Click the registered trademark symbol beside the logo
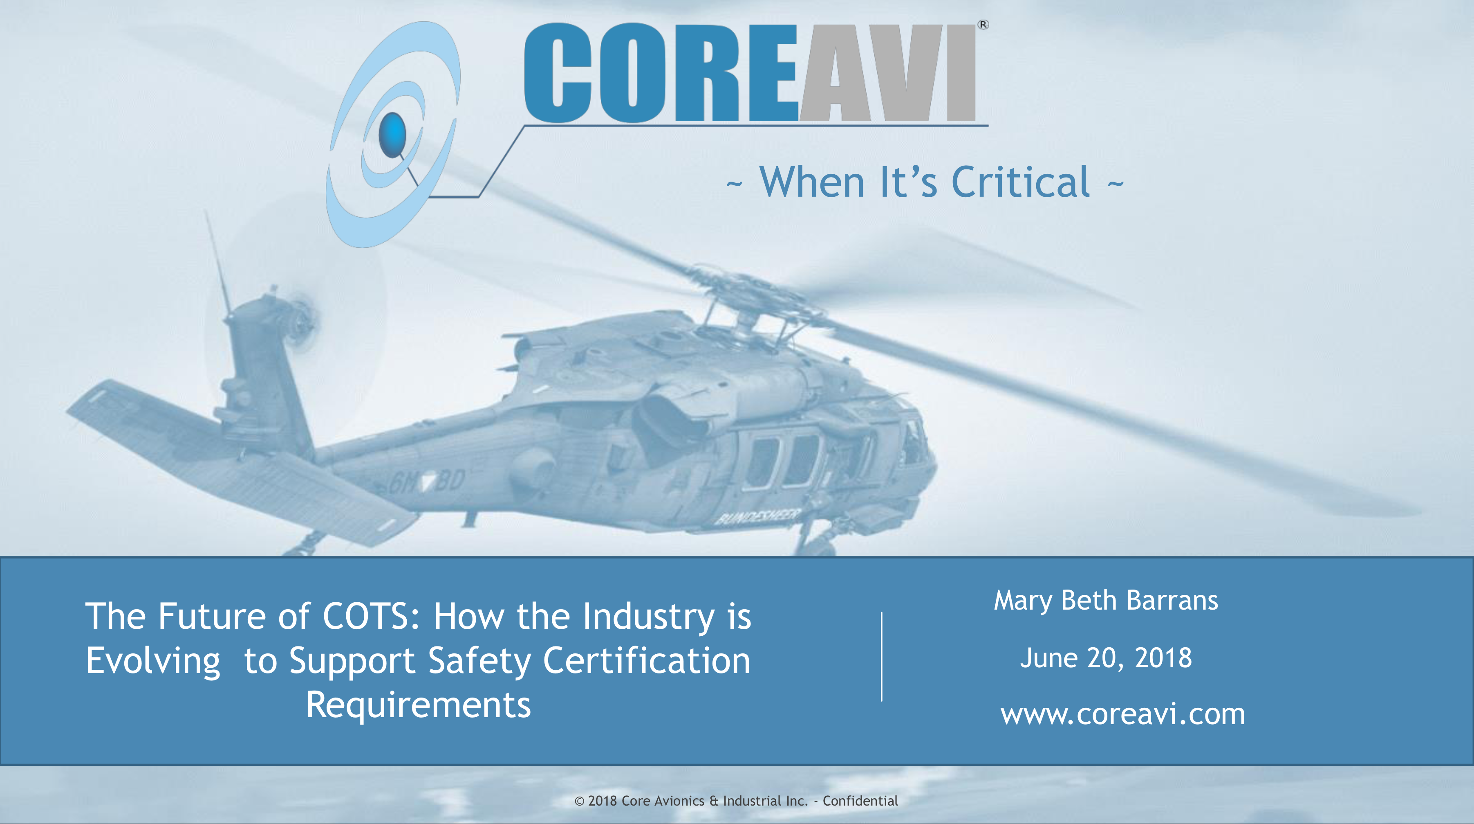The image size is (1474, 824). (983, 25)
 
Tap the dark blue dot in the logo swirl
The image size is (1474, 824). (392, 135)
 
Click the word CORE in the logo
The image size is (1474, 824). (661, 73)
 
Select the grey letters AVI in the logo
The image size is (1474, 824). (887, 73)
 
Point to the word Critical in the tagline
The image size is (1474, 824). (1021, 182)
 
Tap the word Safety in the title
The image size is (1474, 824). (479, 662)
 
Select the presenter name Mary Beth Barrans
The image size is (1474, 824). (1105, 601)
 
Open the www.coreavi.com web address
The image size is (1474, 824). (1122, 714)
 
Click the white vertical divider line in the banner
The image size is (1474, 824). (882, 656)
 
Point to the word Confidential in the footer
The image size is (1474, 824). (860, 801)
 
